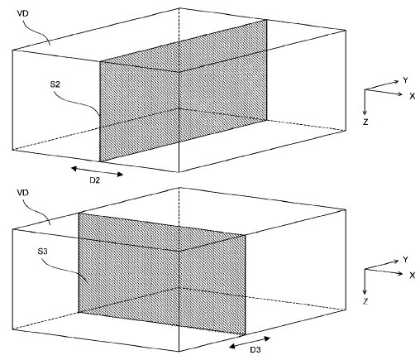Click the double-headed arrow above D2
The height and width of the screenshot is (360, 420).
(x=97, y=170)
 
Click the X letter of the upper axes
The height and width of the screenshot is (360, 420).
(x=411, y=97)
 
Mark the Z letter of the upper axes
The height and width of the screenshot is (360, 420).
(x=364, y=122)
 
